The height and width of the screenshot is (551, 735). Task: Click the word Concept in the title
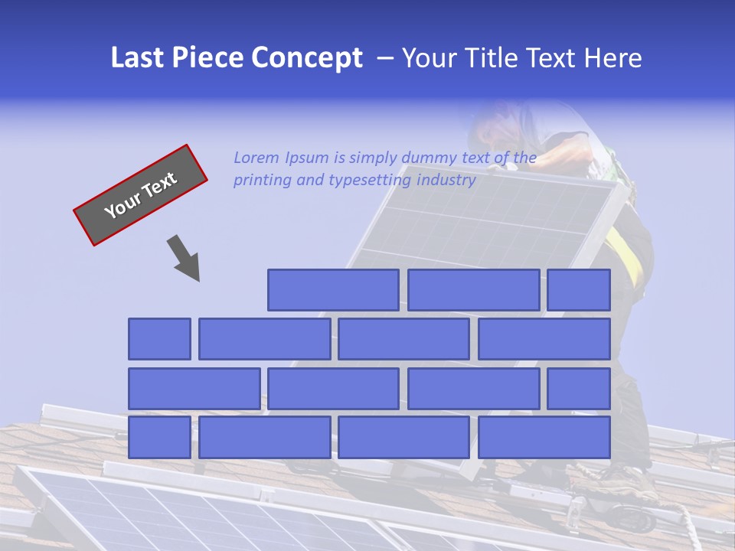tap(307, 58)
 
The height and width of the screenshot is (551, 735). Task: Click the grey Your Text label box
tap(141, 195)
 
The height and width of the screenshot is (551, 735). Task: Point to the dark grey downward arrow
tap(185, 259)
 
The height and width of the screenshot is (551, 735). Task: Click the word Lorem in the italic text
tap(256, 158)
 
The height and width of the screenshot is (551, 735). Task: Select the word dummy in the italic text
tap(430, 158)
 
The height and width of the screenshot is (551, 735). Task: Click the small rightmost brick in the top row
tap(579, 290)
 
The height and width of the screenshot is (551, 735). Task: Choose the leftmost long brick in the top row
tap(333, 290)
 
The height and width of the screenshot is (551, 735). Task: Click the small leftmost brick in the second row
tap(159, 339)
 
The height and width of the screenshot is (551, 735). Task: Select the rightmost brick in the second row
tap(544, 339)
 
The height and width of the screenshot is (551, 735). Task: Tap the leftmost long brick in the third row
tap(194, 389)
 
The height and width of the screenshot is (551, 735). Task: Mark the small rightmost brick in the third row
tap(579, 389)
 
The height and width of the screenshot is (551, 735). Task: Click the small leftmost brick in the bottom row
tap(159, 438)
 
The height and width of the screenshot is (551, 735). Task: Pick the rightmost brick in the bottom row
tap(544, 438)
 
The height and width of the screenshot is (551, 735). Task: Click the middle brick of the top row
tap(474, 290)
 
